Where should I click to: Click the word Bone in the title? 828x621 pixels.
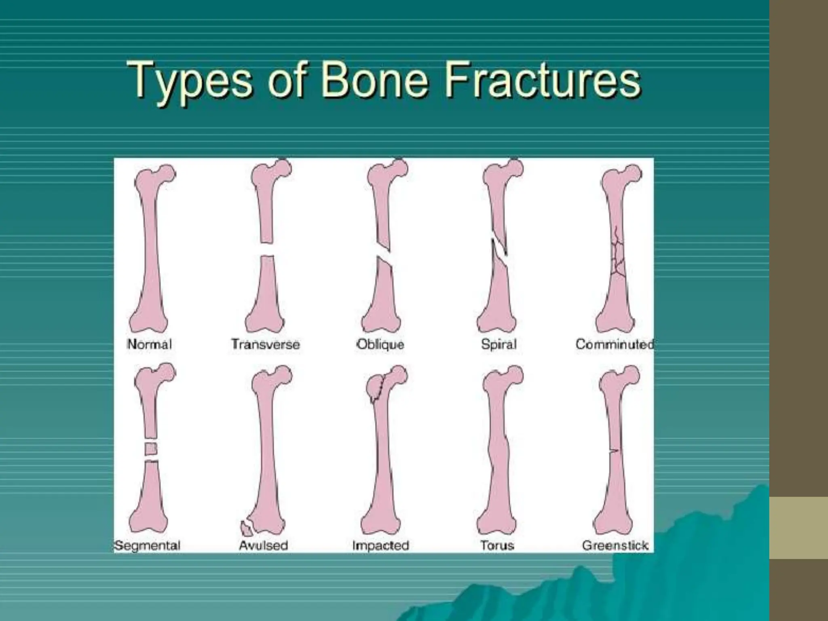[374, 80]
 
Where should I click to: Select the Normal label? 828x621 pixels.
[149, 344]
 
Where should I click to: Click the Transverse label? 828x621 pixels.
[266, 344]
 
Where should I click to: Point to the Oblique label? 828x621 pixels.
[380, 344]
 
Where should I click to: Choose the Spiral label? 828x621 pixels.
[498, 344]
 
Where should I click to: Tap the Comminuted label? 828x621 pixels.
[614, 344]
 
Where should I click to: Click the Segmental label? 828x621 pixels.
[147, 545]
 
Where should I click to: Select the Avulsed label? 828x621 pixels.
[263, 545]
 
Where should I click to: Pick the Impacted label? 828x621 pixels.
[380, 545]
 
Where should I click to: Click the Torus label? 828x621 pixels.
[497, 545]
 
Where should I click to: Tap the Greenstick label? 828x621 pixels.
[615, 545]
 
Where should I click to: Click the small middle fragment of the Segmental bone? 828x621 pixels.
[150, 449]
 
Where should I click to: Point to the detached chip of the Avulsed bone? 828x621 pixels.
[245, 528]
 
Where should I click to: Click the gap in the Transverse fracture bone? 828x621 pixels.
[266, 249]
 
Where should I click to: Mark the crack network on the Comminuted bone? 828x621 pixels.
[617, 255]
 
